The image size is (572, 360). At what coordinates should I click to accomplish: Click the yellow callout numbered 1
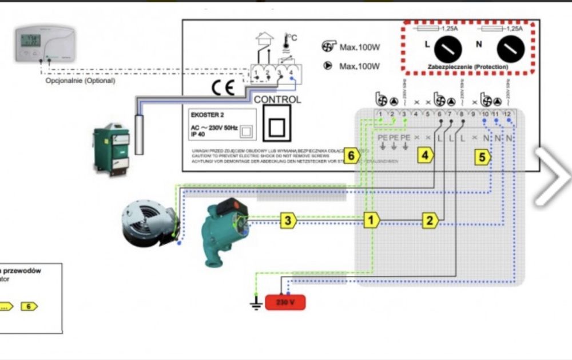(371, 219)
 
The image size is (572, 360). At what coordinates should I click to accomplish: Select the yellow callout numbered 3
(288, 220)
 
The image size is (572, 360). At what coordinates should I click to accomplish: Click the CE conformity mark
(223, 88)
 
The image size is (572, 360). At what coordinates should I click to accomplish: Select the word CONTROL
(277, 100)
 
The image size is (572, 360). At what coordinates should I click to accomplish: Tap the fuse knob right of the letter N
(510, 50)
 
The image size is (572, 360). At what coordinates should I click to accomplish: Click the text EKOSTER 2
(207, 114)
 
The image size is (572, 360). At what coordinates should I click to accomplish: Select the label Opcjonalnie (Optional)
(80, 81)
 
